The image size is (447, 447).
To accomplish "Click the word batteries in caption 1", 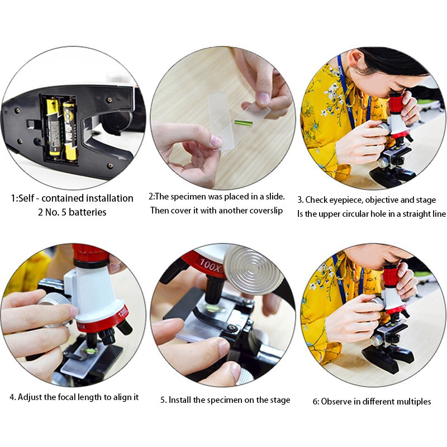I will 87,212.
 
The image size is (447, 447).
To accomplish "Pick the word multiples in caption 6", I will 412,402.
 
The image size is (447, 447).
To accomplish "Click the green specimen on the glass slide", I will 244,122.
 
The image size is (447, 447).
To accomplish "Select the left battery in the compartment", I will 53,127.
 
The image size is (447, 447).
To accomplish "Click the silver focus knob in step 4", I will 56,308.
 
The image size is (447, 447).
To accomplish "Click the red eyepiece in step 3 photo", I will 396,103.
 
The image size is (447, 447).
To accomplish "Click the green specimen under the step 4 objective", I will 89,351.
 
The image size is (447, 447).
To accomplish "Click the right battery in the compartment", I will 69,130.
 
